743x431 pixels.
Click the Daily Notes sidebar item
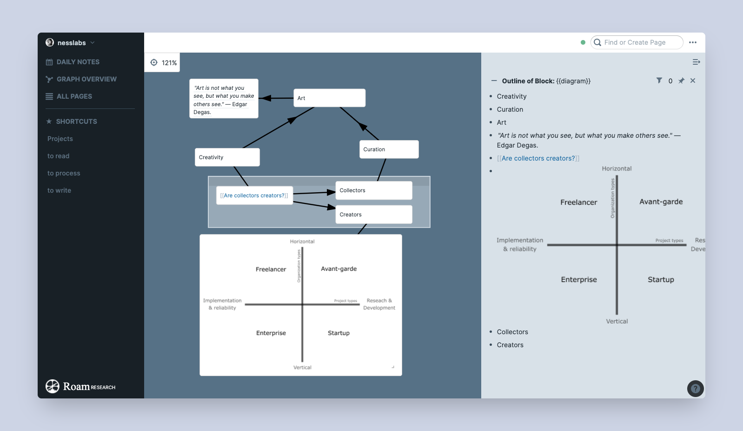coord(78,62)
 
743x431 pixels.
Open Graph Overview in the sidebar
coord(86,79)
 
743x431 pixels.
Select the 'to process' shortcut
coord(64,173)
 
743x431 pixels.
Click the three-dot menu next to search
coord(693,42)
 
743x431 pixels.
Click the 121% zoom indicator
coord(163,62)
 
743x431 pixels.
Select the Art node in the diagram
coord(329,98)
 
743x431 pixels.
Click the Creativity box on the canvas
coord(227,157)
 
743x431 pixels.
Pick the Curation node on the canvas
coord(389,149)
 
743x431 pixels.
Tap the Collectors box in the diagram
coord(373,190)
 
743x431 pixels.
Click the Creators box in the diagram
coord(373,215)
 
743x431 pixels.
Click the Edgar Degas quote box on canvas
coord(223,99)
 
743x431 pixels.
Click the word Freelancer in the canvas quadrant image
coord(271,269)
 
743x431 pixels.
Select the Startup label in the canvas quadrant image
coord(338,333)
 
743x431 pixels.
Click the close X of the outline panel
coord(693,81)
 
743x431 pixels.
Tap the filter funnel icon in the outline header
coord(659,81)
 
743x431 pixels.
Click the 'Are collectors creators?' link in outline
coord(538,158)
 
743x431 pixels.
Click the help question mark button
coord(695,389)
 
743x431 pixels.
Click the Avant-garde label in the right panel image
coord(661,202)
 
